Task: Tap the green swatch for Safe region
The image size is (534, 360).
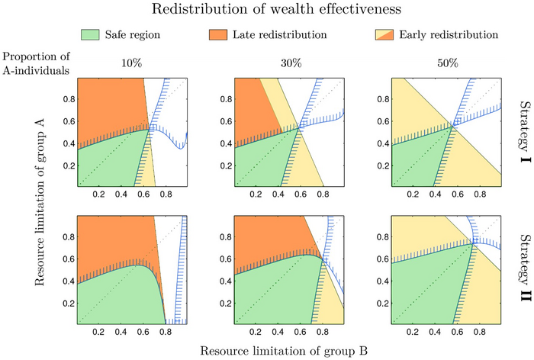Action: tap(91, 34)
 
